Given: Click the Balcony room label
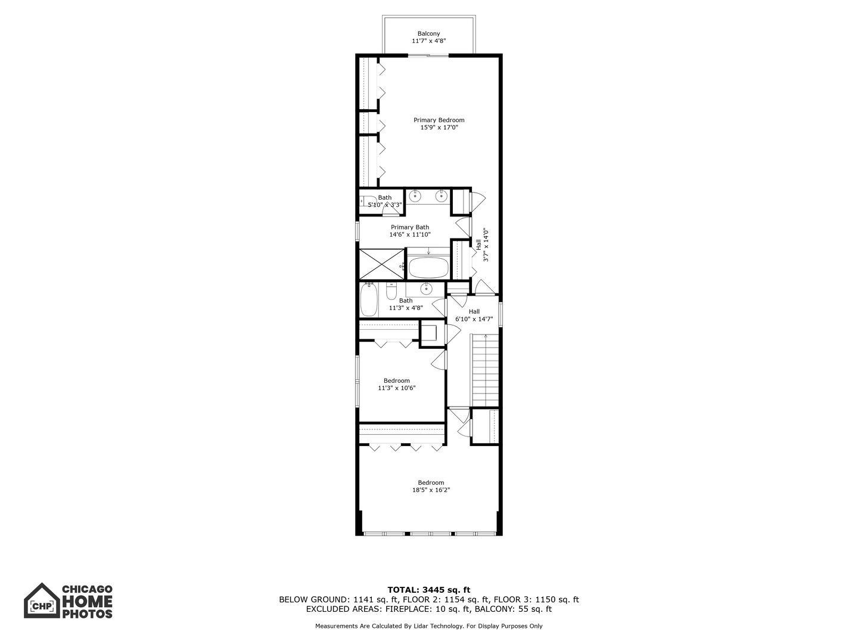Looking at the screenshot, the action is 428,33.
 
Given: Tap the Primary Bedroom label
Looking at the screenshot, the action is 439,120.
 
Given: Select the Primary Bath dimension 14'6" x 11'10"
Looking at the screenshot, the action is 410,234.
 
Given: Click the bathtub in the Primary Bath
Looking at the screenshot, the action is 428,268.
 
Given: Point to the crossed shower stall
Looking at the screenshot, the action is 382,264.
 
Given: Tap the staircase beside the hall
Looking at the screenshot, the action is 486,370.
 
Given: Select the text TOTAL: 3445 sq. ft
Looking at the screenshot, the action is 429,590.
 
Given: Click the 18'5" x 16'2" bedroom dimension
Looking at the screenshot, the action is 431,490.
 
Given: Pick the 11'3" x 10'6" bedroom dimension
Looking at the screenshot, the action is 396,388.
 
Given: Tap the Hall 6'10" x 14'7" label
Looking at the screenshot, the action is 474,315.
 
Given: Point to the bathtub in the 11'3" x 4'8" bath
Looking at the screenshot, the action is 369,300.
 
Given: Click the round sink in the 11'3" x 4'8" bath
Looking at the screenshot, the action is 426,289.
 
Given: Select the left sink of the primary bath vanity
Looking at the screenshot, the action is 415,196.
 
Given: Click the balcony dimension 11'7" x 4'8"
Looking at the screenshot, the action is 429,41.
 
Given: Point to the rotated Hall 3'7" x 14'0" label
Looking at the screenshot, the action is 483,244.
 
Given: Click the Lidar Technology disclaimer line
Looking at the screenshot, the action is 429,626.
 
